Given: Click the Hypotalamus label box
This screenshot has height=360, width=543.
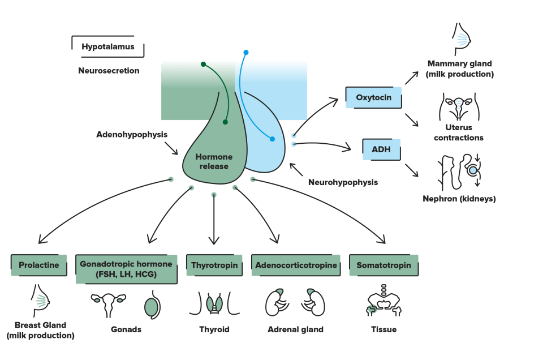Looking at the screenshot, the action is coord(107,46).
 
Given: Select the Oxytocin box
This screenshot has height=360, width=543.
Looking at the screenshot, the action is coord(374,97).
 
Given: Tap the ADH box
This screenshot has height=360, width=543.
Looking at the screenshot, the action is coord(381,149).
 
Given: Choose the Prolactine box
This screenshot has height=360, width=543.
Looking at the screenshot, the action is coord(39,265).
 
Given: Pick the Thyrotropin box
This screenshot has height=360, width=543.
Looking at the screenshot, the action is coord(214,265).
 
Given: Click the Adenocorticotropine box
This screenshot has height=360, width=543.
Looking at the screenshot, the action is coord(296,265).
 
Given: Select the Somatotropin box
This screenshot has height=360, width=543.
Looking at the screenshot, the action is coord(383,265).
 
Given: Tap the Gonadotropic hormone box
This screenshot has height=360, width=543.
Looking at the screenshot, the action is coord(126,269).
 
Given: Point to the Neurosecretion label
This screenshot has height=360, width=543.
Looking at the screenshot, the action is coord(109,71).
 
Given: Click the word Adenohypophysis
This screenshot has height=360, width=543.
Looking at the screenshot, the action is coord(132,135).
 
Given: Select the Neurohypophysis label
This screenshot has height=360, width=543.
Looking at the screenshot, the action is coord(343,182).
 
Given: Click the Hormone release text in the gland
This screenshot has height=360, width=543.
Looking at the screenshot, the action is coord(214,161).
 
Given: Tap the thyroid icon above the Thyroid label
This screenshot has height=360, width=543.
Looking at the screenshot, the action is coord(214,303).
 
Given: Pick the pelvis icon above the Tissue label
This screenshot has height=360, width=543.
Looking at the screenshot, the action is coord(383,301).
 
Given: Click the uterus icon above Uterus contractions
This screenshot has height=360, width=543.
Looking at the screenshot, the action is coord(459,106).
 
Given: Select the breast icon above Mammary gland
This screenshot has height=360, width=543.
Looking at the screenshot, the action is coord(462,39).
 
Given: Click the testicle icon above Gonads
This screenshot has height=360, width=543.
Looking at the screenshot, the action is coord(152,305).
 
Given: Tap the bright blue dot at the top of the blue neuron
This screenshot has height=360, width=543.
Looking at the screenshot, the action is coord(246,52).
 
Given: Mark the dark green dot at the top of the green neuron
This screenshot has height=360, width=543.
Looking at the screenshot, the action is coord(203,64).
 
